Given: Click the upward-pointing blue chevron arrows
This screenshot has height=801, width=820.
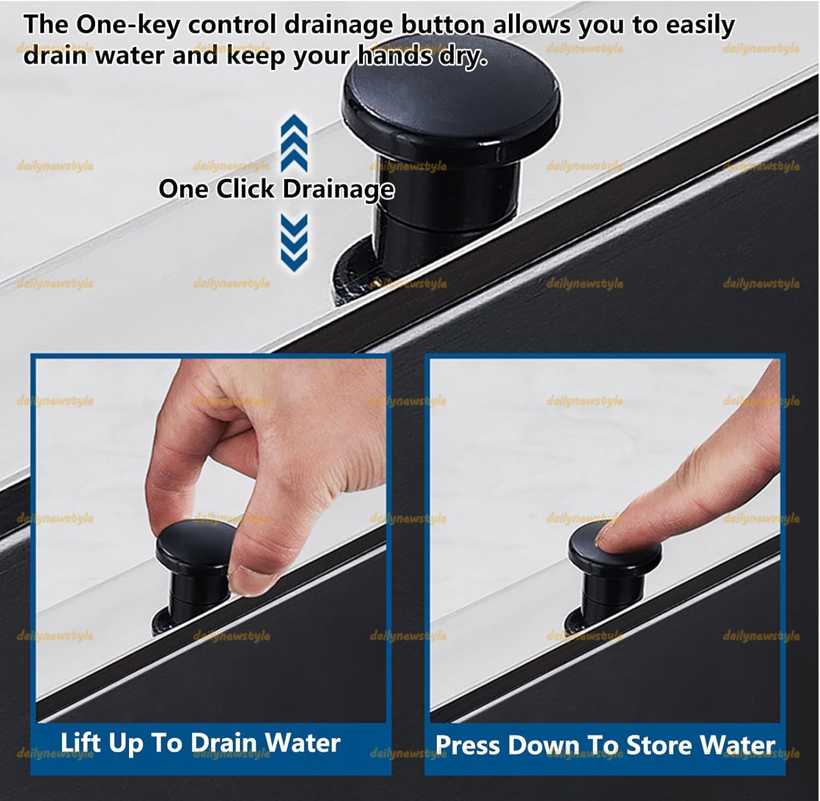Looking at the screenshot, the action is pyautogui.click(x=294, y=143).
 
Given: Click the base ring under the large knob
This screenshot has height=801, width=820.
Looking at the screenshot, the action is pyautogui.click(x=355, y=273).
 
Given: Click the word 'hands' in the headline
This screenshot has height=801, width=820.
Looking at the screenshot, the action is pyautogui.click(x=394, y=55).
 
